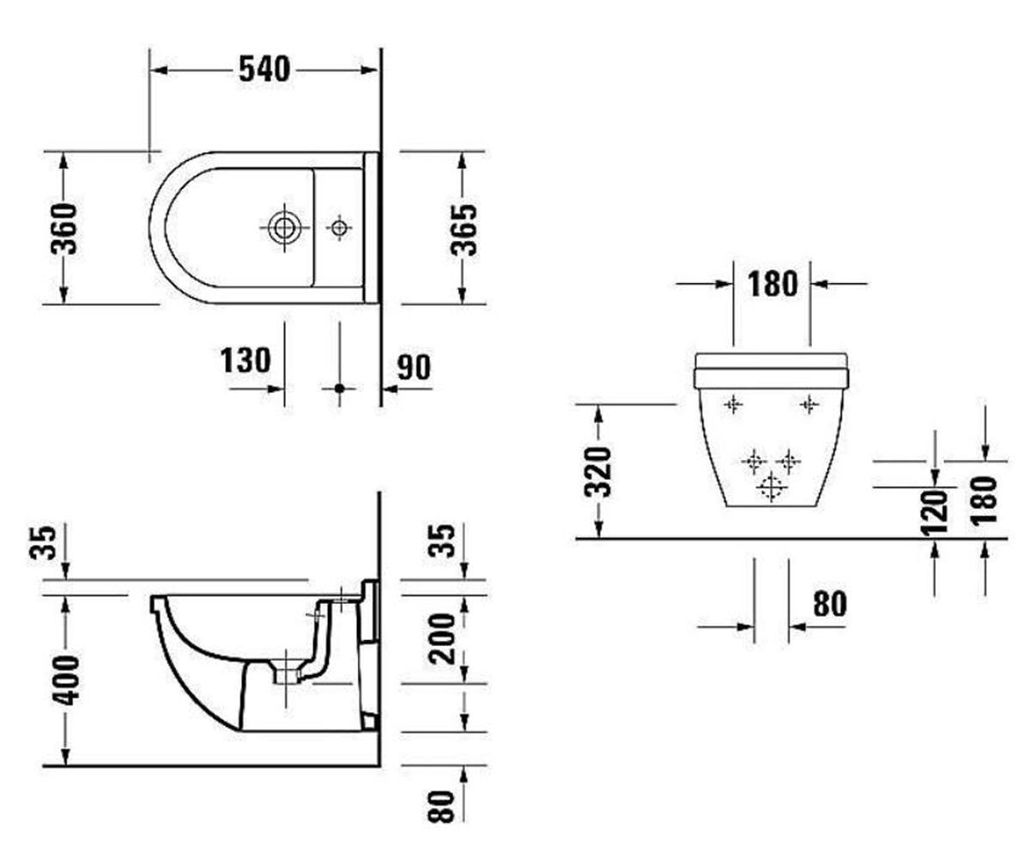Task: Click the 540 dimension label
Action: point(264,69)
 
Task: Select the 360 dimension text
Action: point(64,228)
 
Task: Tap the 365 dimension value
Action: point(463,230)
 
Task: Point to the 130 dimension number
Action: point(245,360)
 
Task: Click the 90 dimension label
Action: point(414,367)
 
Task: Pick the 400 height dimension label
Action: point(65,680)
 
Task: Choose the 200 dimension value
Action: point(441,638)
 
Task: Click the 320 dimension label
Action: point(597,472)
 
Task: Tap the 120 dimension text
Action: point(934,513)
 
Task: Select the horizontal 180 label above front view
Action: point(772,284)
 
